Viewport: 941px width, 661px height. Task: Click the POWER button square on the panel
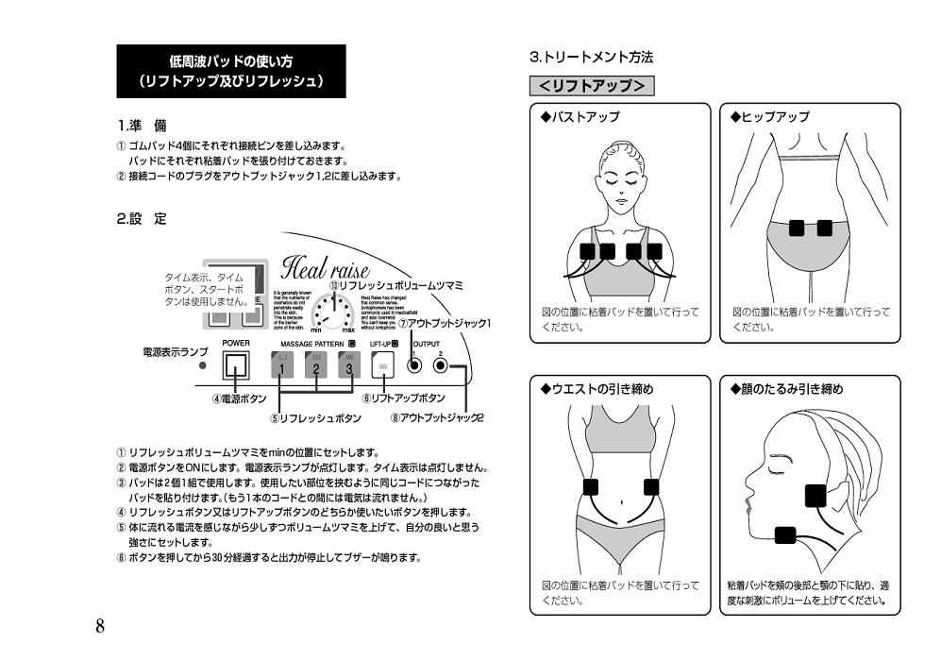235,364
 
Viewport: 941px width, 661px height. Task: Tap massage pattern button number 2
315,364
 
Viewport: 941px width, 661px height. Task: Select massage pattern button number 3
349,364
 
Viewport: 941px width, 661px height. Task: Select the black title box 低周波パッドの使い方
231,72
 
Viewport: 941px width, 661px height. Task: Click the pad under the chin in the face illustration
785,535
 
